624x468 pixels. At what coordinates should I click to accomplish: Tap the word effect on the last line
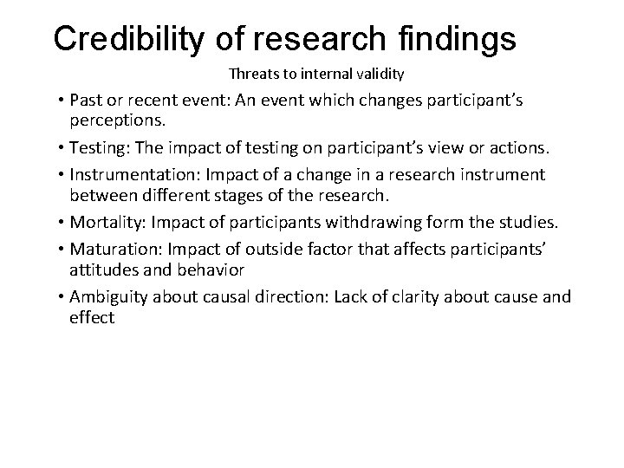point(91,318)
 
